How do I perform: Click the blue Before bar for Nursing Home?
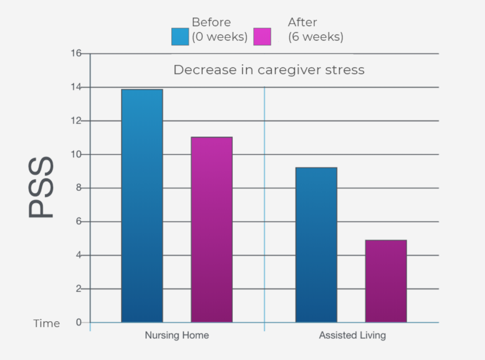(142, 206)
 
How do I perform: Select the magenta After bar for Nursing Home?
(212, 230)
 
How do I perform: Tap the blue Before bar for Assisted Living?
(316, 245)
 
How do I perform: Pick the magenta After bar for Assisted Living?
(386, 281)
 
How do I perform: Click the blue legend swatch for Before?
(180, 36)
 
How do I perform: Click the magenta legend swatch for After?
(262, 36)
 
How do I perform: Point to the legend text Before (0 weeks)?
(219, 29)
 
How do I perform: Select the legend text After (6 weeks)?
(315, 29)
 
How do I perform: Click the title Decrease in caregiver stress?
(269, 70)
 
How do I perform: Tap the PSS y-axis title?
(41, 188)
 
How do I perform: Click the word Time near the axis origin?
(46, 324)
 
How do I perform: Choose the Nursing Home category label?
(177, 335)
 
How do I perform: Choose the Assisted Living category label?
(352, 335)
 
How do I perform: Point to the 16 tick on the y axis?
(76, 54)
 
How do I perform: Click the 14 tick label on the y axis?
(76, 87)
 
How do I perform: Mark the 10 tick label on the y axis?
(76, 154)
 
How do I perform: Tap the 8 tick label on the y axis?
(79, 188)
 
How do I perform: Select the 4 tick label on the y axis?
(79, 255)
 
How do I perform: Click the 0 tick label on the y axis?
(79, 323)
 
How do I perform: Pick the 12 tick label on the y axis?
(76, 121)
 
